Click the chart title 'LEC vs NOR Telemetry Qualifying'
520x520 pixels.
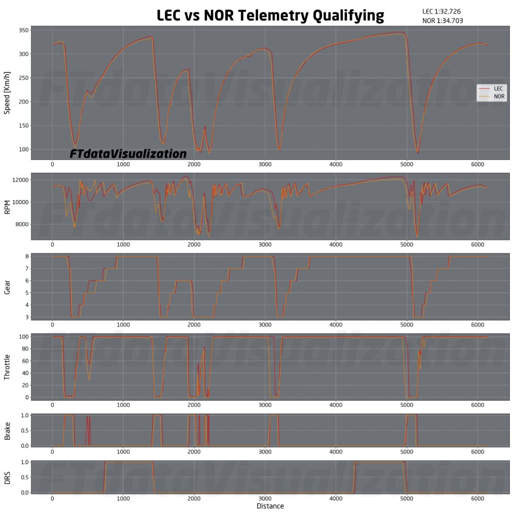[x=270, y=16]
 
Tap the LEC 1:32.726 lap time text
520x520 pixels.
[x=441, y=11]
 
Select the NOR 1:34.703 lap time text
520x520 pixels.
[x=442, y=21]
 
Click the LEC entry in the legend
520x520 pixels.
[x=497, y=88]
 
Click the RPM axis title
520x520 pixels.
[x=7, y=207]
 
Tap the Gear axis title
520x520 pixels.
[x=7, y=288]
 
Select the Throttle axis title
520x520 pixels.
[x=7, y=367]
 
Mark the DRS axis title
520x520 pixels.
[x=7, y=477]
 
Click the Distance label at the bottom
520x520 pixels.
[x=270, y=506]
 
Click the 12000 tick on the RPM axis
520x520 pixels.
[x=18, y=180]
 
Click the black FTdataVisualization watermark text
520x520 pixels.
[x=128, y=153]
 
